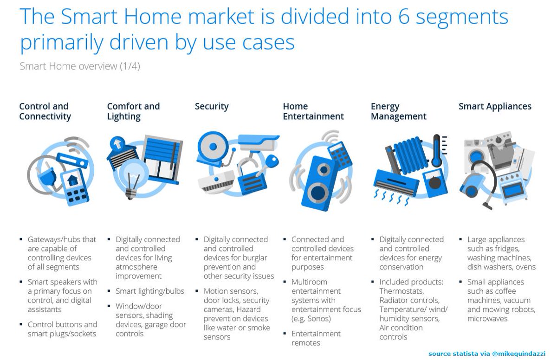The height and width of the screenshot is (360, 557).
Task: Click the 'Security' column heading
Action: [212, 106]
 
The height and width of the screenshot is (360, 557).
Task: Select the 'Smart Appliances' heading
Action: [495, 106]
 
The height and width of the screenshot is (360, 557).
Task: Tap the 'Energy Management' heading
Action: [398, 111]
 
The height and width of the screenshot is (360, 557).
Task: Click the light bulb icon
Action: [131, 176]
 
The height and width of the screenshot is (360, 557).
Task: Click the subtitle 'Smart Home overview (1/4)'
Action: [79, 66]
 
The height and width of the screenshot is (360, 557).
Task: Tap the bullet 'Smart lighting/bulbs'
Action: [150, 291]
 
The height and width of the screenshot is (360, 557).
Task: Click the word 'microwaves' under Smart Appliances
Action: [487, 319]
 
